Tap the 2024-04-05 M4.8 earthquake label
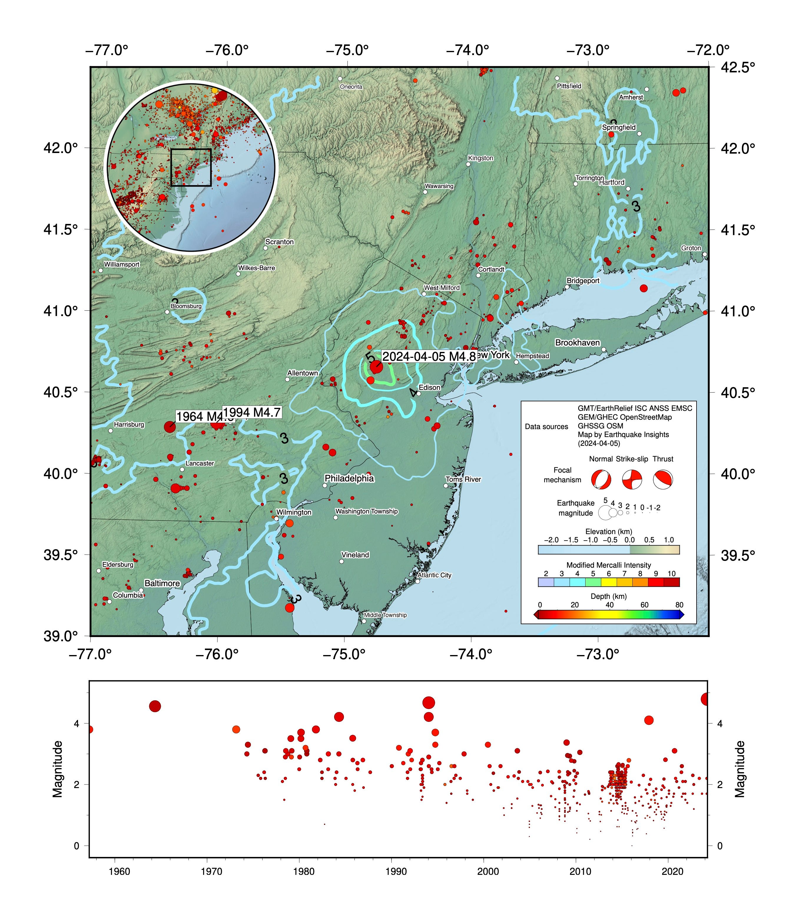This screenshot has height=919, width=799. (429, 357)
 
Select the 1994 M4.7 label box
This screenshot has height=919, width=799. (252, 412)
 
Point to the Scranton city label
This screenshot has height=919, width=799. (280, 242)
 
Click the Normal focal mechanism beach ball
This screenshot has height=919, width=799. (601, 480)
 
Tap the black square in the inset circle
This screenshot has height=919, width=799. (191, 167)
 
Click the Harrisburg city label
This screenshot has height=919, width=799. (129, 424)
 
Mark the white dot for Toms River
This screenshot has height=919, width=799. (446, 486)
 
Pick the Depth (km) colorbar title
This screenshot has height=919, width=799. (609, 596)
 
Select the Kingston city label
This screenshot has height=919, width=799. (481, 158)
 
